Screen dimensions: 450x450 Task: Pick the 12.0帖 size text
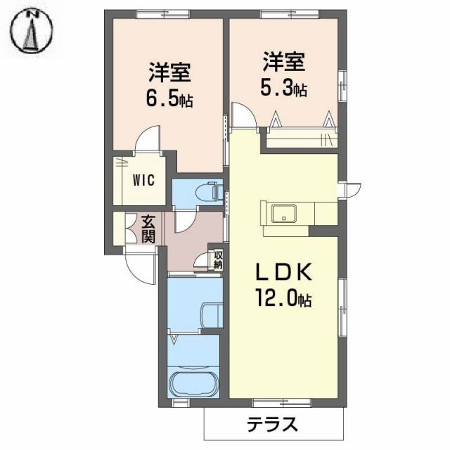[283, 300]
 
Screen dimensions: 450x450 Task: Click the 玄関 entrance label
[148, 228]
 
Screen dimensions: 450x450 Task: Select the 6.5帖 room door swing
[149, 139]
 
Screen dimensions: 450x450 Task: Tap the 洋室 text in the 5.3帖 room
[284, 62]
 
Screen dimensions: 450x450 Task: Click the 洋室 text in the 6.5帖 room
[169, 72]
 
